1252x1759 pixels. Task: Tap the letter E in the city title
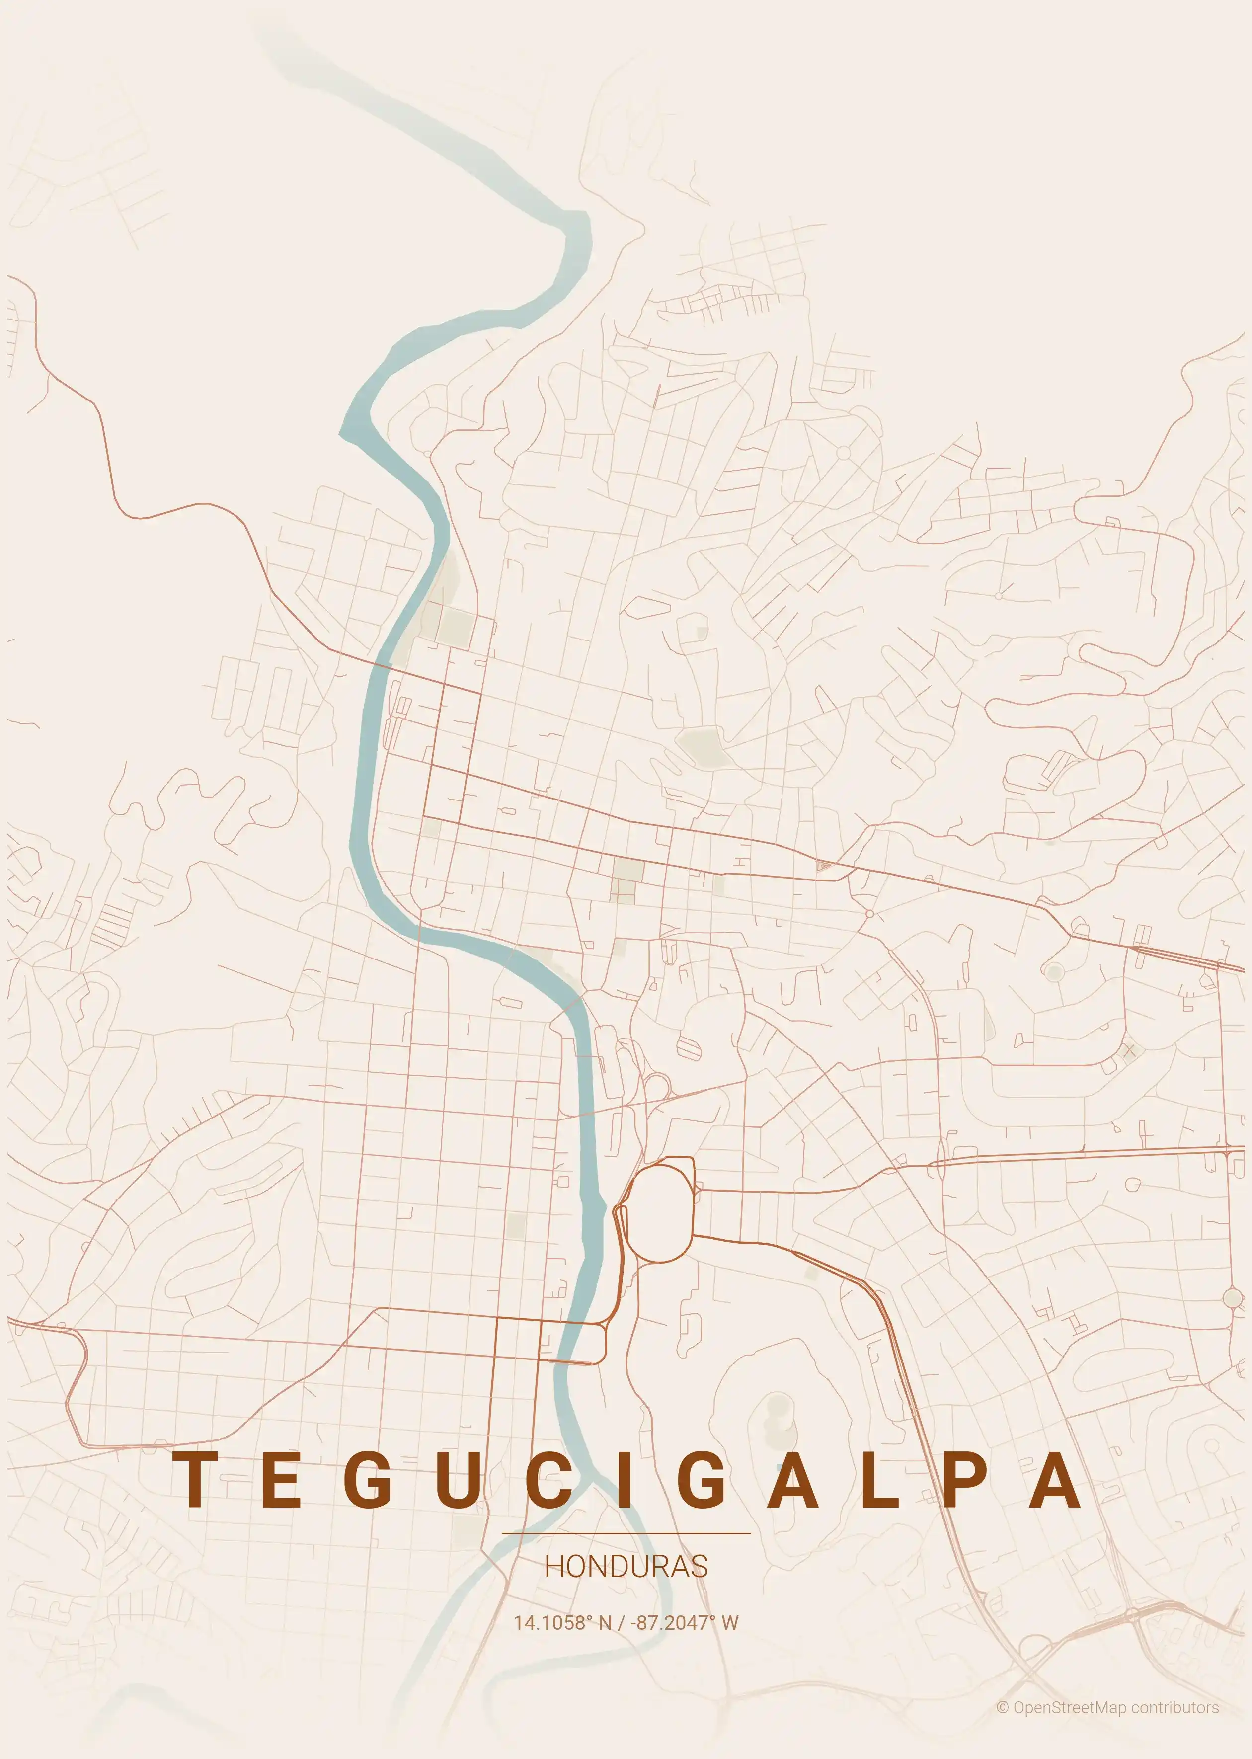[x=281, y=1480]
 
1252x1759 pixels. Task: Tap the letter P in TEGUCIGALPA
[x=966, y=1480]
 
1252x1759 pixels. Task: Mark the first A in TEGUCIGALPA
[x=792, y=1480]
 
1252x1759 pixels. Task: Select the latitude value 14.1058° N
[x=562, y=1622]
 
